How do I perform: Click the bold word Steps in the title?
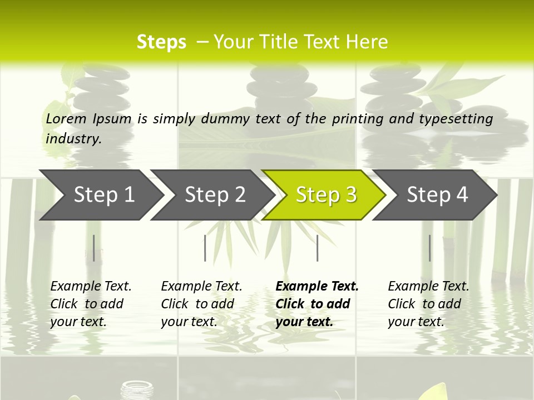click(x=161, y=42)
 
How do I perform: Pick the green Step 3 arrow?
click(x=326, y=195)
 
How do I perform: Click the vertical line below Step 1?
click(x=94, y=248)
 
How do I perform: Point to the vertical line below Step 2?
click(x=205, y=248)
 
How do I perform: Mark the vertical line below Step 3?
click(x=318, y=248)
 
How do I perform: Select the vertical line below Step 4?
click(x=430, y=248)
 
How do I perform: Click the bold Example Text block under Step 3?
click(x=317, y=304)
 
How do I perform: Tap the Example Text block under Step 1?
click(x=91, y=304)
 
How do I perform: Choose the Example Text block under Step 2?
click(x=201, y=304)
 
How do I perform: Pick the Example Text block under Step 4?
click(x=428, y=304)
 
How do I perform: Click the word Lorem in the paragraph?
click(x=66, y=118)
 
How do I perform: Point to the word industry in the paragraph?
click(x=73, y=139)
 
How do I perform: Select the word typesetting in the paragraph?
click(x=459, y=119)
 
